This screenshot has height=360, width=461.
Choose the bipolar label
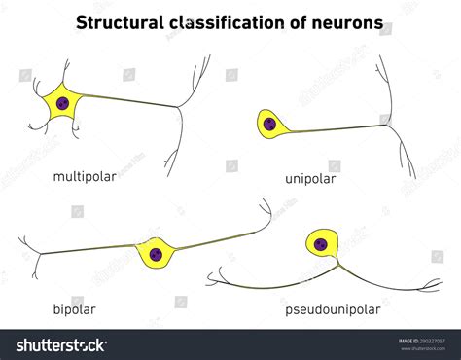[x=75, y=310]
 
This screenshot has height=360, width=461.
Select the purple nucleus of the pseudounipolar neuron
[x=320, y=242]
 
